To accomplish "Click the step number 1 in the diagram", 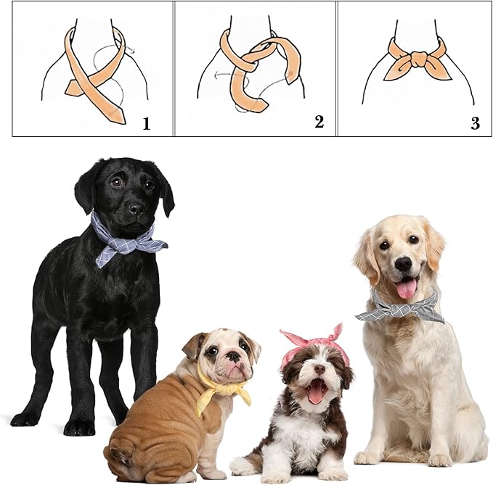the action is (x=147, y=124).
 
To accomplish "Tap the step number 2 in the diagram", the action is (x=319, y=122).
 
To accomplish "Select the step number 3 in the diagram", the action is (x=475, y=123).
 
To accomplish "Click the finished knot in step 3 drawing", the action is (x=419, y=59).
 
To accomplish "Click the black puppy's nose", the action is (x=137, y=209).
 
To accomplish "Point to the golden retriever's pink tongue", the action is (x=407, y=289).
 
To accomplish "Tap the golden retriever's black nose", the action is (x=404, y=264).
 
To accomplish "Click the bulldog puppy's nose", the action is (x=234, y=356).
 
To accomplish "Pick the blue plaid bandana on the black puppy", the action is (x=126, y=240).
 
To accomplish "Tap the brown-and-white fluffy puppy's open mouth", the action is (x=316, y=391).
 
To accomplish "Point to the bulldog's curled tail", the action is (x=121, y=456).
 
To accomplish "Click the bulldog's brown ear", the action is (x=192, y=345).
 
